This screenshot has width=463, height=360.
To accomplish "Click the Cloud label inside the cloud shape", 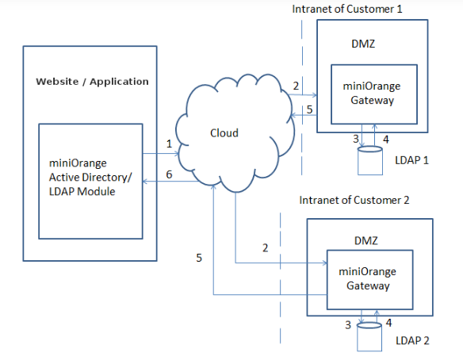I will pos(224,132).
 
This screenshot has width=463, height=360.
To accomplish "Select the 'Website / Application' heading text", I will pos(92,81).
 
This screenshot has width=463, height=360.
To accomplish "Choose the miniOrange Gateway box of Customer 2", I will pos(367,279).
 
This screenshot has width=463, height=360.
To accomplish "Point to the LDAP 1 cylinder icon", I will pos(369,159).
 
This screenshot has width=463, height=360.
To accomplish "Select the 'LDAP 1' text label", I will pos(411,159).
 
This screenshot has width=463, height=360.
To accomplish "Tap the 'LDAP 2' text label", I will pos(412,339).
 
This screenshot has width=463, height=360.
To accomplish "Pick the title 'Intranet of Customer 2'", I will pos(354,200).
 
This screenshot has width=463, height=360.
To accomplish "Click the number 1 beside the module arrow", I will pos(169,143).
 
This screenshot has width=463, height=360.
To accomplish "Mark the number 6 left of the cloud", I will pos(169,174).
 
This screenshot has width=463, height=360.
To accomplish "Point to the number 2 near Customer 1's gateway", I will pos(296,85).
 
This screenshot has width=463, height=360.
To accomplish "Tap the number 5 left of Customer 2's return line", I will pos(199,258).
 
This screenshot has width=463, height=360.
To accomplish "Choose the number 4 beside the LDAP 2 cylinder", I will pos(388,323).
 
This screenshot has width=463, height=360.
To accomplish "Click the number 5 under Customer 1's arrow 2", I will pos(310,109).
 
